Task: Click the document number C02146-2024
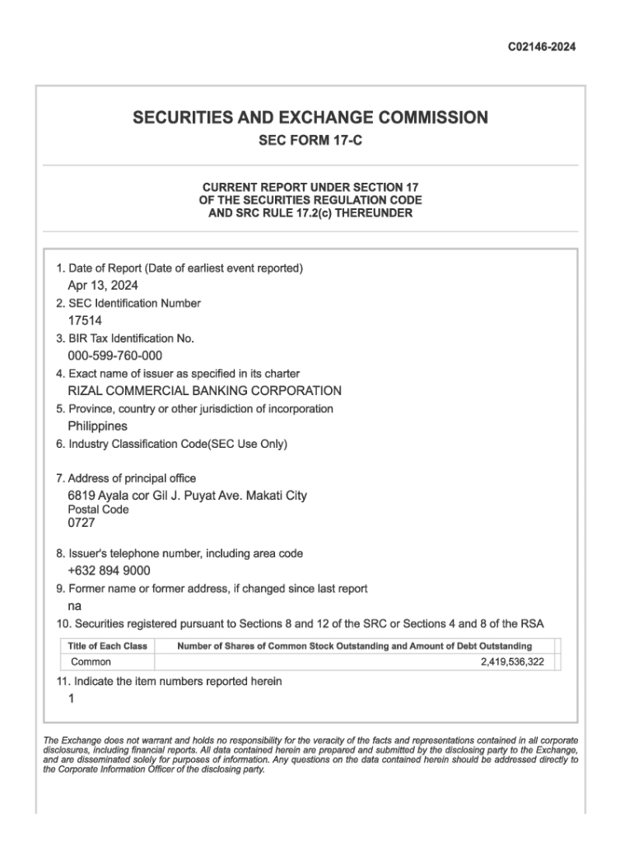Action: [x=541, y=47]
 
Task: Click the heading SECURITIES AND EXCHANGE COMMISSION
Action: [x=310, y=118]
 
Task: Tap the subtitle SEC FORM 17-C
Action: [x=310, y=141]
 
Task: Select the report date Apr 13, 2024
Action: [x=103, y=286]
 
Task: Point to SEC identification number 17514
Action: [x=85, y=321]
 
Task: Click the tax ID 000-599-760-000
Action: [x=114, y=356]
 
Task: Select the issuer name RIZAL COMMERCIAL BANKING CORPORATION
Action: [x=204, y=391]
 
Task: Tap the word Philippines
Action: [x=97, y=426]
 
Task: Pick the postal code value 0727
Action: [x=82, y=522]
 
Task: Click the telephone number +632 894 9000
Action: [x=109, y=571]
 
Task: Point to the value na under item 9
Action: [x=74, y=606]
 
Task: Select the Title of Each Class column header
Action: [x=108, y=646]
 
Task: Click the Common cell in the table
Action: [x=91, y=662]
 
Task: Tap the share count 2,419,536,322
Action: [x=512, y=662]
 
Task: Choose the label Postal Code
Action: [x=98, y=510]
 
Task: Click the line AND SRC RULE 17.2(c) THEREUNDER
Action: [x=310, y=213]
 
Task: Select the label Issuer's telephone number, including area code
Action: [x=179, y=554]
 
